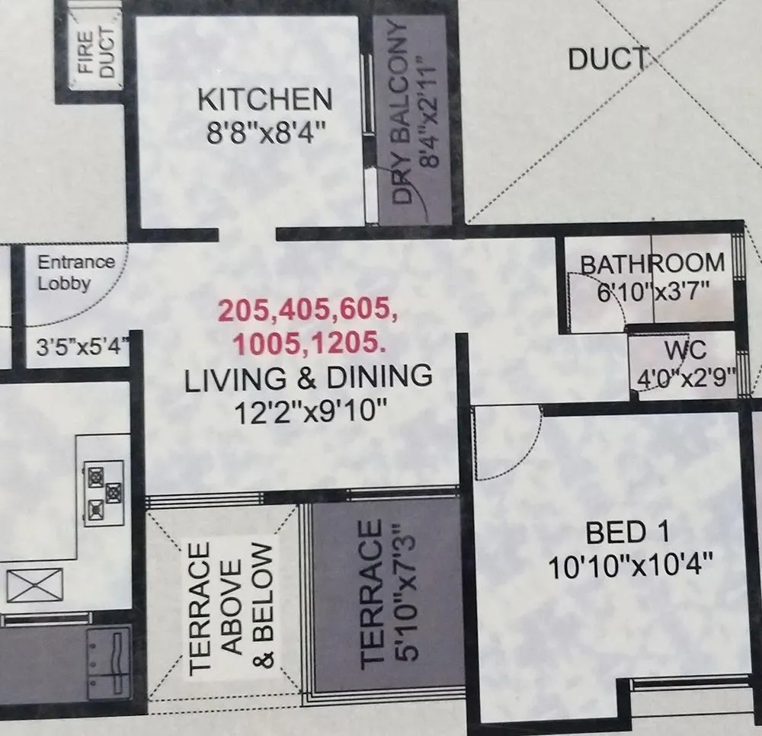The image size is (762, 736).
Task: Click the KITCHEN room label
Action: [x=265, y=100]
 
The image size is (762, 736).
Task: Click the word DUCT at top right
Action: [x=607, y=59]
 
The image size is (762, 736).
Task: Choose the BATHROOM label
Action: [x=652, y=264]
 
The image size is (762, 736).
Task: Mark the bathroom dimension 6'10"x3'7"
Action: [x=654, y=293]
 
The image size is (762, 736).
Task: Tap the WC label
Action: [x=685, y=351]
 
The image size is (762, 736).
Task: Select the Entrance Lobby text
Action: [x=76, y=273]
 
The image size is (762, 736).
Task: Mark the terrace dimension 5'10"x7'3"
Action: [x=403, y=595]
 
